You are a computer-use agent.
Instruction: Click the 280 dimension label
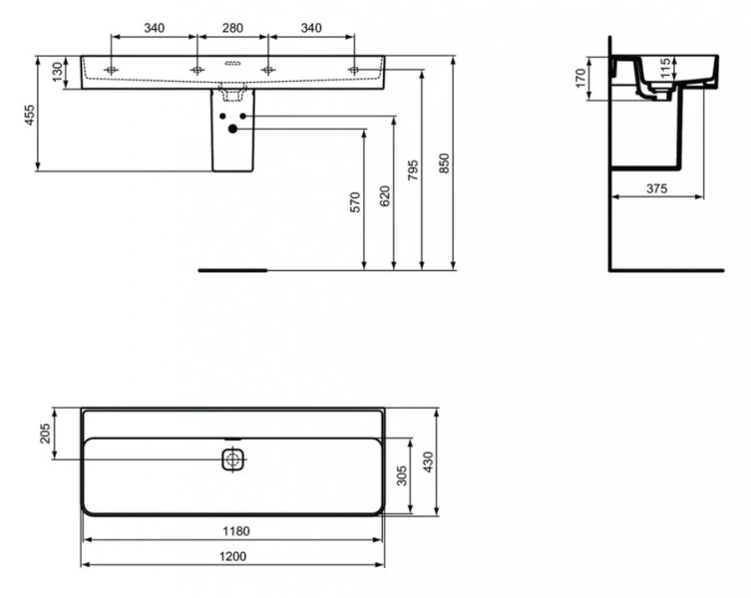click(231, 28)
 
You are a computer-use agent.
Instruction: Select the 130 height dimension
click(58, 72)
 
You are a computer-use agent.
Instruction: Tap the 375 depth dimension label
click(655, 188)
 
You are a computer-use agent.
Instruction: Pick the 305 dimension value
click(402, 476)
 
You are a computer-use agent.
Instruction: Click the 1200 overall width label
click(232, 556)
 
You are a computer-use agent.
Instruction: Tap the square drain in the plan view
click(232, 460)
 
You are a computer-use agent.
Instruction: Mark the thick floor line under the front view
click(232, 269)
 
